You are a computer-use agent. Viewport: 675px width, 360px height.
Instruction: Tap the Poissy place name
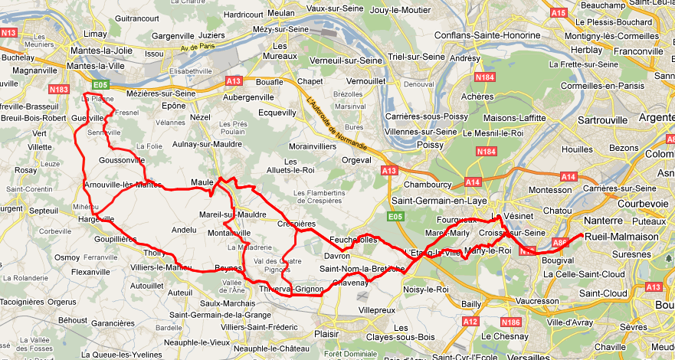pos(430,144)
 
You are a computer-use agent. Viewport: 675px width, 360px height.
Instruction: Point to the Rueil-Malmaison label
pos(621,237)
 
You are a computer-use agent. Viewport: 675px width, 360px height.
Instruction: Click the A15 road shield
pos(559,13)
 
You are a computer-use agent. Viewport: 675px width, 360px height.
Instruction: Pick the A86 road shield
pos(560,243)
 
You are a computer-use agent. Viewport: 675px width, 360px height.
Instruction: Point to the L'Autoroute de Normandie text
pos(336,123)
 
